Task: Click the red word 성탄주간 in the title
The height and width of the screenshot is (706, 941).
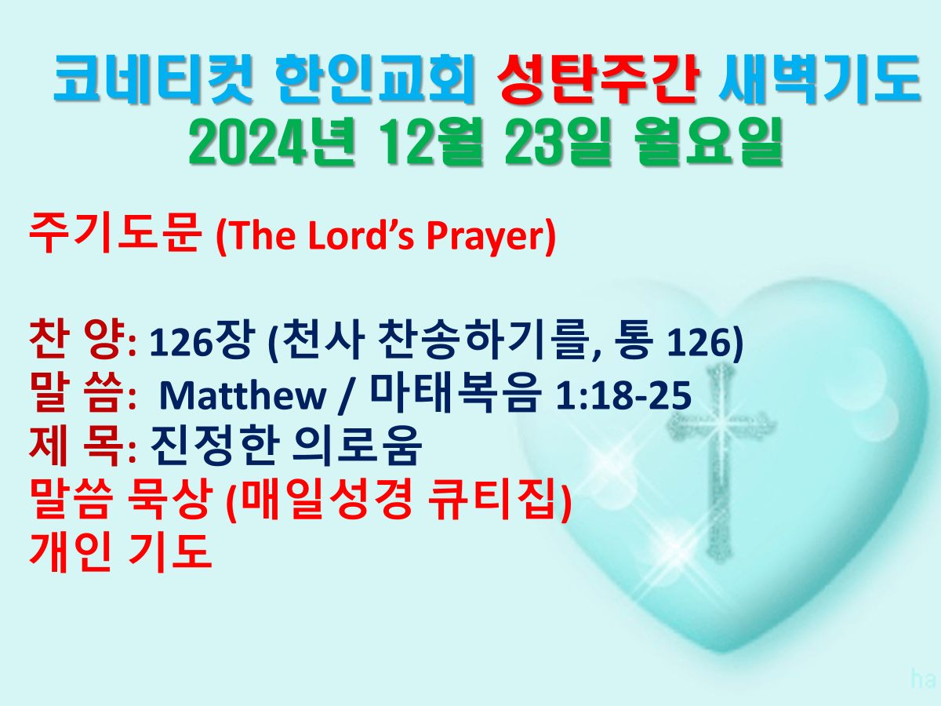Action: point(599,79)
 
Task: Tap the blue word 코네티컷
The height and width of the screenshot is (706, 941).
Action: point(153,79)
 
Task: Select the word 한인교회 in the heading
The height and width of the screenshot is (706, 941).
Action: point(374,79)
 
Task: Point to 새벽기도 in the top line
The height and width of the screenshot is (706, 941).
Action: point(819,79)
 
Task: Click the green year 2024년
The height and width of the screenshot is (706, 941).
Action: point(272,142)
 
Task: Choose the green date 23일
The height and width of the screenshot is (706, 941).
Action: point(558,142)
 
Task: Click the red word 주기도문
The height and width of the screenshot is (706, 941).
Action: point(114,233)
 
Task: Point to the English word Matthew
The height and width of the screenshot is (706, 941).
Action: point(242,395)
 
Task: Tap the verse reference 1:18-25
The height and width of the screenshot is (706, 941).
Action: point(623,395)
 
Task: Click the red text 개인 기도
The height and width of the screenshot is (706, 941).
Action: point(121,552)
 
